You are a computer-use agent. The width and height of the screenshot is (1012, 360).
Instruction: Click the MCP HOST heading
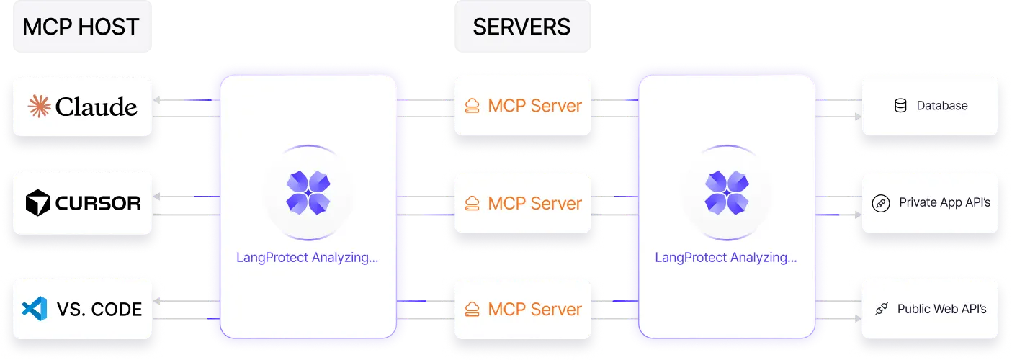[80, 27]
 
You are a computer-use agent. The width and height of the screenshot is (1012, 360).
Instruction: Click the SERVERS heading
[521, 27]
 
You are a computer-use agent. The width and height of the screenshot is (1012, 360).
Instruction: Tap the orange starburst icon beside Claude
[39, 107]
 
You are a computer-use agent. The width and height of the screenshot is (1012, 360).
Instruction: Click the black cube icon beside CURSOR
[37, 204]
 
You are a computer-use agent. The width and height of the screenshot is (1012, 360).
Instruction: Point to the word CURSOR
[98, 204]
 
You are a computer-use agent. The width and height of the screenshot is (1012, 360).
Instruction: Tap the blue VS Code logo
[34, 310]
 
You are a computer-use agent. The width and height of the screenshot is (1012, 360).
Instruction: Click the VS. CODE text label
[99, 310]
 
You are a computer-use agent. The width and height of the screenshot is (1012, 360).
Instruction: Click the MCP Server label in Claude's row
[534, 106]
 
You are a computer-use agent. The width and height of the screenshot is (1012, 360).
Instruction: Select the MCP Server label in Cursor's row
[534, 203]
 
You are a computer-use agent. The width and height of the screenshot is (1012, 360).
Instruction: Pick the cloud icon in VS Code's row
[472, 310]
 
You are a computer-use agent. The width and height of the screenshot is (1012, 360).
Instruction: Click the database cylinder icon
[900, 106]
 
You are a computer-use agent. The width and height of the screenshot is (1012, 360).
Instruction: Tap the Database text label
[941, 106]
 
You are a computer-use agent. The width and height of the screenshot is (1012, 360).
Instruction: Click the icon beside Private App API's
[881, 204]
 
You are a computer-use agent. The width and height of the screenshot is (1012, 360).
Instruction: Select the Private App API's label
[944, 203]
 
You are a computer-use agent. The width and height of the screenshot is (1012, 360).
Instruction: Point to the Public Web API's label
[941, 309]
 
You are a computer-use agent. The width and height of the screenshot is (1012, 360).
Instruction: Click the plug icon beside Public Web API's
[881, 310]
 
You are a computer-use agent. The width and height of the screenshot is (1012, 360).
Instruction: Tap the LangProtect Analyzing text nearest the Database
[725, 257]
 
